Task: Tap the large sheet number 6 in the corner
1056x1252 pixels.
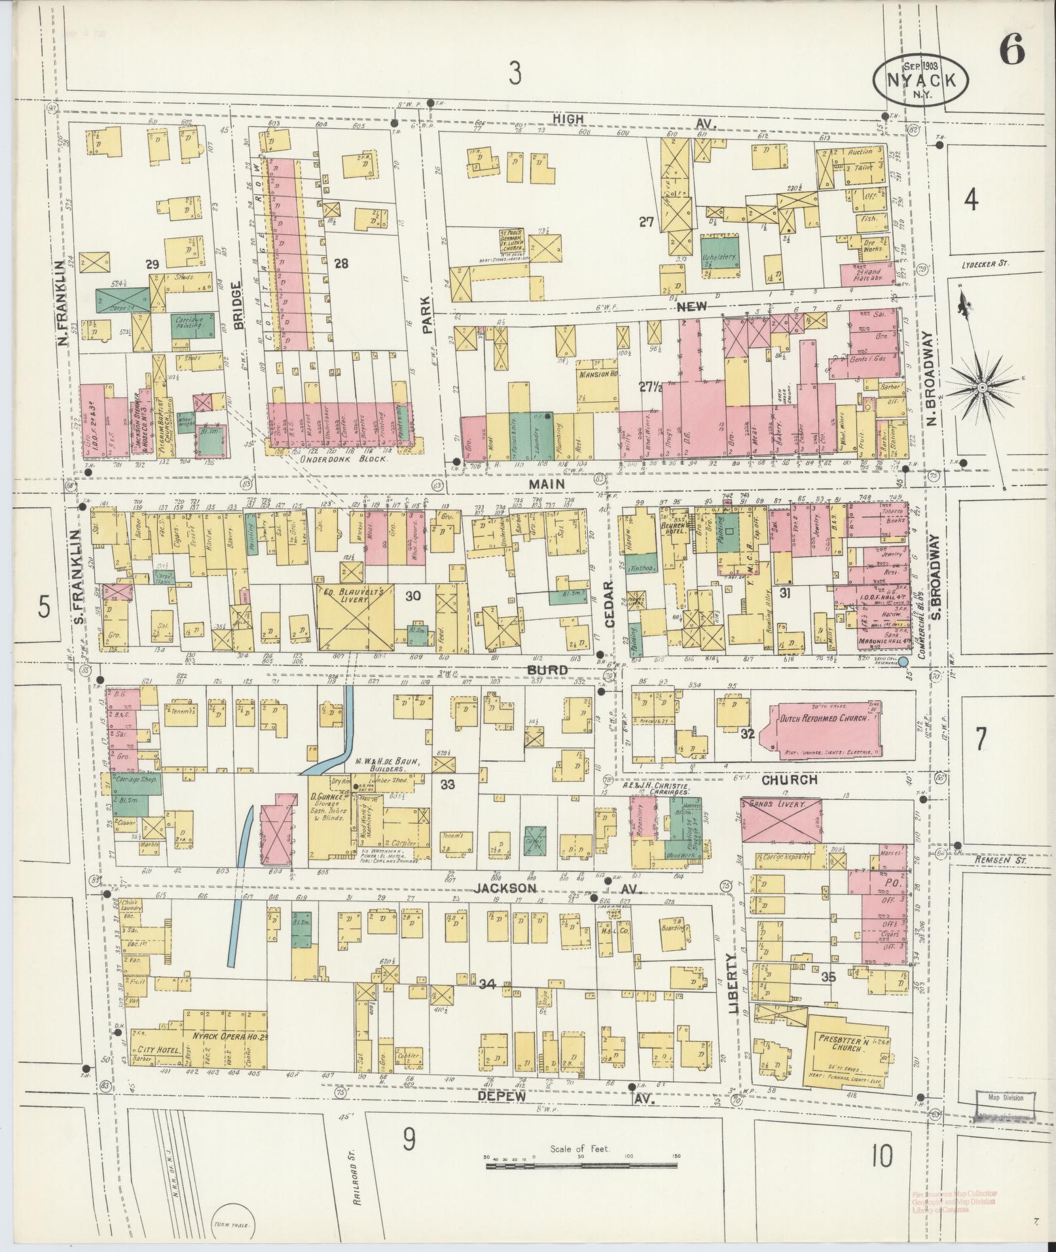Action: [x=1011, y=51]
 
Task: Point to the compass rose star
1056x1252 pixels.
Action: [x=981, y=388]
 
